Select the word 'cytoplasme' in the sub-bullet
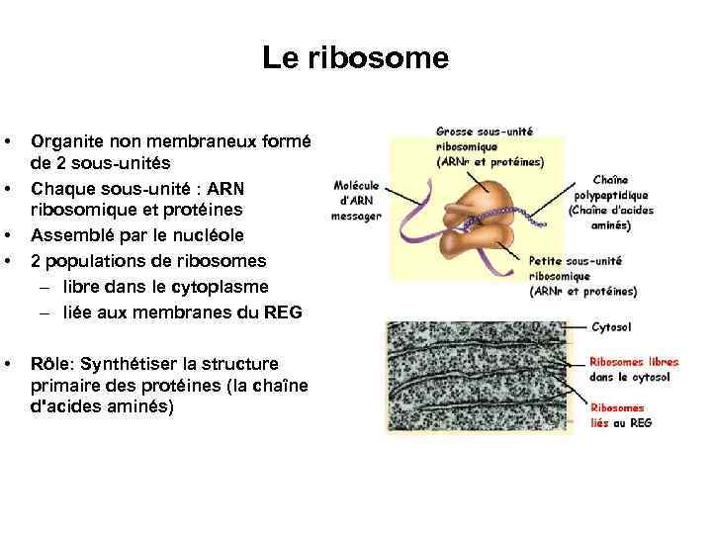[221, 287]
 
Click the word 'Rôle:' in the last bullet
[56, 363]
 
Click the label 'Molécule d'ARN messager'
[356, 201]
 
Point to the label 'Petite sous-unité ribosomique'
[576, 267]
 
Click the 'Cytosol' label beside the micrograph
[611, 327]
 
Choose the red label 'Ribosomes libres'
[634, 362]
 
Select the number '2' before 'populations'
[36, 261]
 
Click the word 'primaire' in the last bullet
[63, 385]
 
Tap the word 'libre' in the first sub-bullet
[85, 287]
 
